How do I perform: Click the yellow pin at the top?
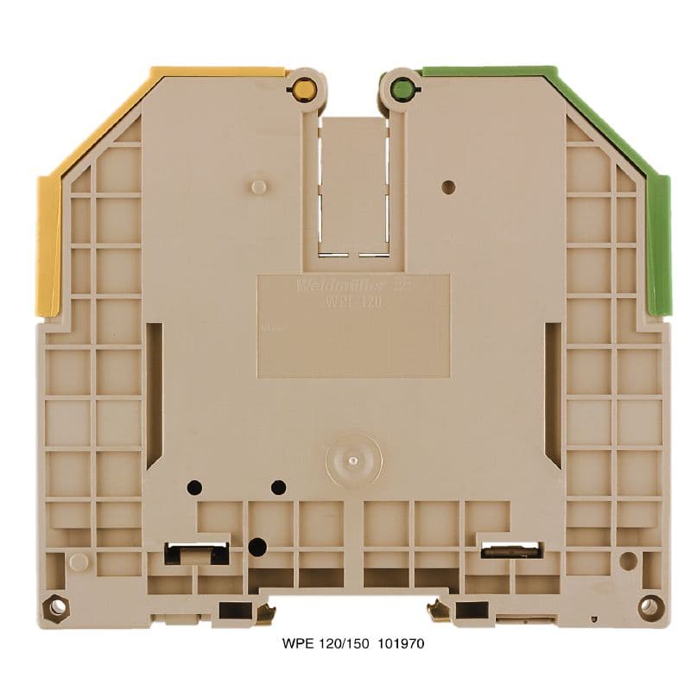click(x=303, y=88)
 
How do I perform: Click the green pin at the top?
click(x=400, y=88)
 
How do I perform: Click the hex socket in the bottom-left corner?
click(x=58, y=606)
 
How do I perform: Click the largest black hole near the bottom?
click(x=257, y=546)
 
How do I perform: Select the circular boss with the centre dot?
click(x=352, y=459)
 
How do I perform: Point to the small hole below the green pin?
click(x=447, y=187)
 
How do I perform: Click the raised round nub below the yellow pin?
click(x=257, y=187)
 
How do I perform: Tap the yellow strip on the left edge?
click(x=48, y=245)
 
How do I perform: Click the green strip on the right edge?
click(x=659, y=245)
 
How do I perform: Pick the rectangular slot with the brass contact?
click(x=510, y=549)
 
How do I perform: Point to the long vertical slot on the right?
click(x=554, y=394)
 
